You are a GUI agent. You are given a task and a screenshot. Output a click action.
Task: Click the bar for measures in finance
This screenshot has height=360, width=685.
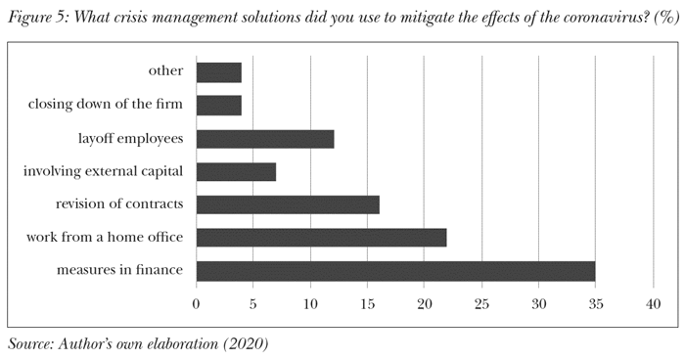395,271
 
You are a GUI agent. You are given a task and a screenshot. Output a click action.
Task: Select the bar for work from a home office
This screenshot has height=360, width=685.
321,238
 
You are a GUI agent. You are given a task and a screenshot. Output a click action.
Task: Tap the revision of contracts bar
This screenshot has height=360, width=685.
288,204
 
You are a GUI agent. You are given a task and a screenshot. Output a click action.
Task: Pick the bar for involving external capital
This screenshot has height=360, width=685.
236,172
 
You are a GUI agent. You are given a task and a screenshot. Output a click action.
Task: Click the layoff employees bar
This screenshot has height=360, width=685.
265,139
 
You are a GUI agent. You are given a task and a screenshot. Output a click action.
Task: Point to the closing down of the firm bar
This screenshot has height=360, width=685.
219,106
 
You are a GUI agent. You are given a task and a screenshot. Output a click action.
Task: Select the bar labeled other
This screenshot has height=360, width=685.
219,72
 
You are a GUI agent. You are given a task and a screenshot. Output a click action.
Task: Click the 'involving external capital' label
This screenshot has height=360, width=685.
104,171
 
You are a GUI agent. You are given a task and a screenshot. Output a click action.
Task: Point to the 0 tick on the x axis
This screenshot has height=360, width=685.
197,304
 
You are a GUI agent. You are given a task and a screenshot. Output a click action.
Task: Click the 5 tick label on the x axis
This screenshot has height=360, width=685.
253,304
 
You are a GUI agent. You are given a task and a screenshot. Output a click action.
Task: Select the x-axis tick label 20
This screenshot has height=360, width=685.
425,304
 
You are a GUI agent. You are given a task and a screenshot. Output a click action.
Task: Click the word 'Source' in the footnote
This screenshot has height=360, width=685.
29,344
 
